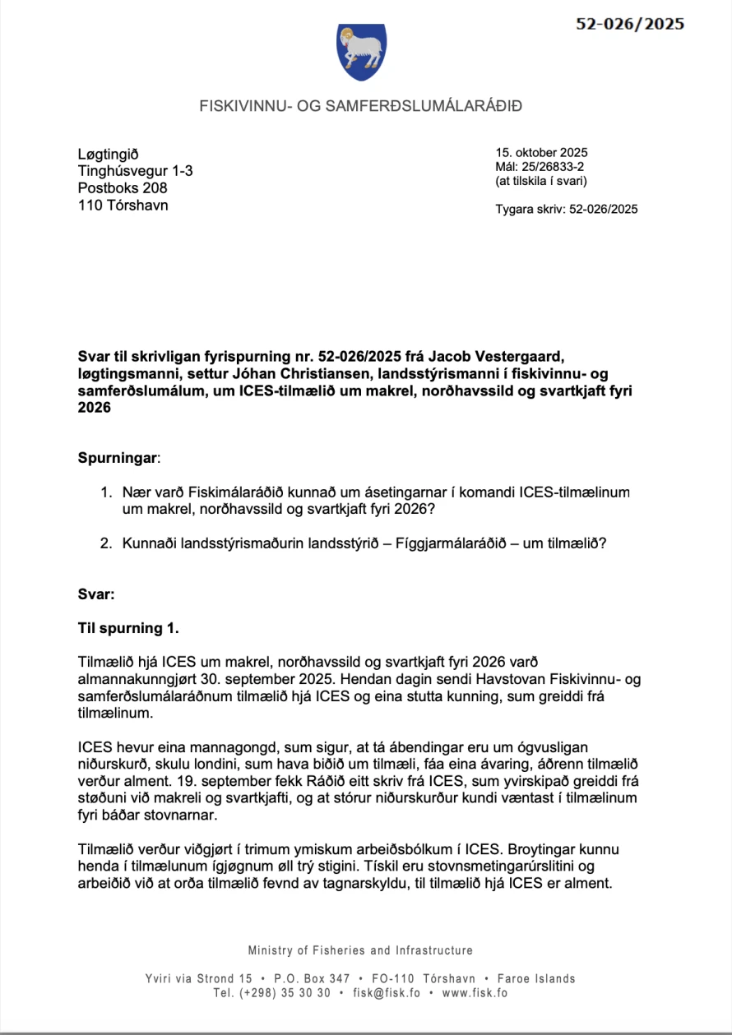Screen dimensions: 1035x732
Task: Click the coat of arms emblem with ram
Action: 361,52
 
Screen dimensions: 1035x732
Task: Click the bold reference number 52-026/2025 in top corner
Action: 629,24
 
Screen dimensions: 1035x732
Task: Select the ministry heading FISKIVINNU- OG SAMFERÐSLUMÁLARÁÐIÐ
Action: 361,106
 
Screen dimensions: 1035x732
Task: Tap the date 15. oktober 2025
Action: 541,152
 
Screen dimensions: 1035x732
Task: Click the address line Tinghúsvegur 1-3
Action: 135,170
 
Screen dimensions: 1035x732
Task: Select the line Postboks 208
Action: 122,187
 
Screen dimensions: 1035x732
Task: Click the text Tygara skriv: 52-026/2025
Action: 566,209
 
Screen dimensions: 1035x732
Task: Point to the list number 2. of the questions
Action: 105,543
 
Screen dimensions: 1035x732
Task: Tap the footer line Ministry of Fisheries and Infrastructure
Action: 360,950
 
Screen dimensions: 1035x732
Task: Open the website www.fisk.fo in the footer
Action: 475,992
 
